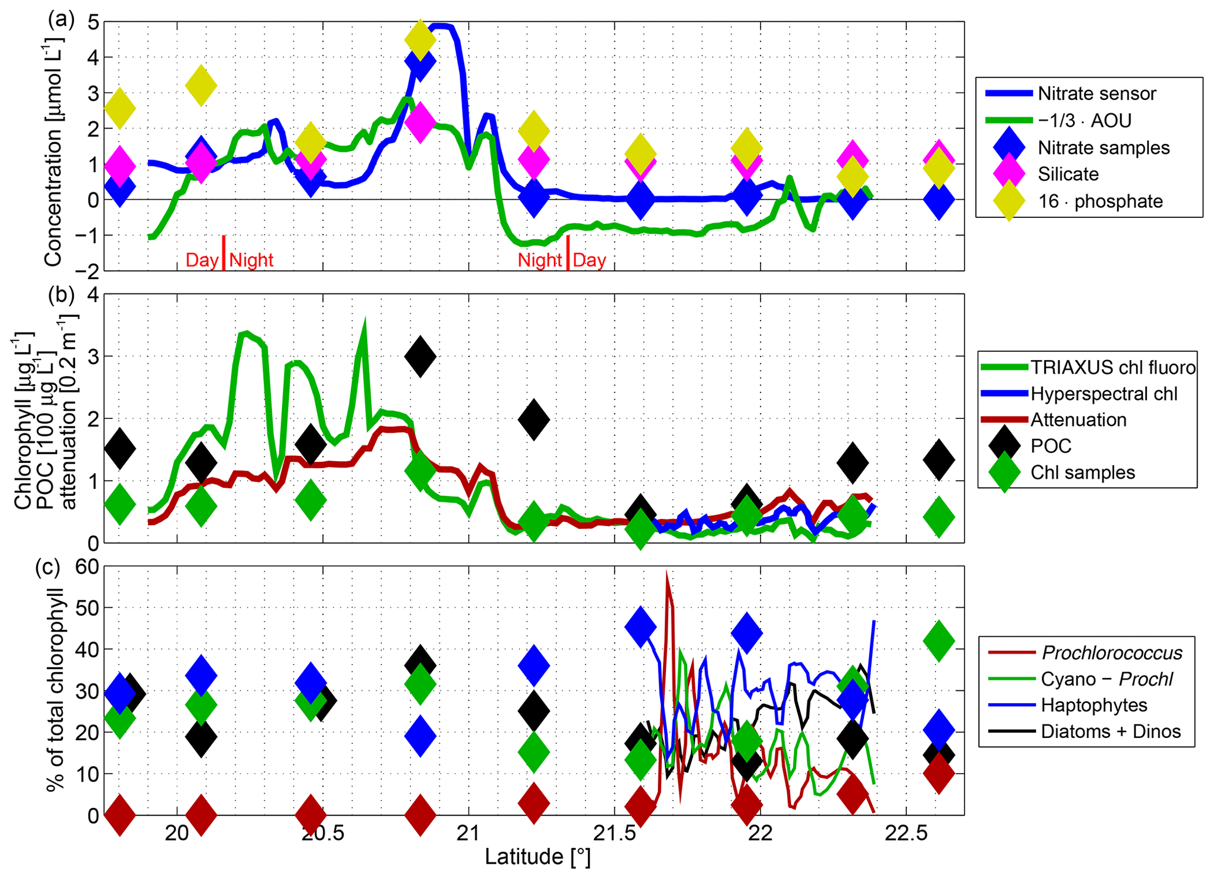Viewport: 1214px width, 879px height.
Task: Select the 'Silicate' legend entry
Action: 1068,175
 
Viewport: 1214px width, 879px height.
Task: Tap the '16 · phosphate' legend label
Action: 1100,202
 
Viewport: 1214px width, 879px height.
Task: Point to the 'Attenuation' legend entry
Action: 1078,420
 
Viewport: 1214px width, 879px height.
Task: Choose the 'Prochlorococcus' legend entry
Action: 1111,653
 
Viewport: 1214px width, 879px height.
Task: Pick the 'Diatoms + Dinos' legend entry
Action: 1110,732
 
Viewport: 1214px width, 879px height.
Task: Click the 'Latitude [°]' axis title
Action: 537,857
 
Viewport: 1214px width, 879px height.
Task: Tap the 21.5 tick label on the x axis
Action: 614,834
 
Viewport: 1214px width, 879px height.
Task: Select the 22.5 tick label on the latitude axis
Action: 906,834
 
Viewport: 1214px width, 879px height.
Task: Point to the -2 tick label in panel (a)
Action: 90,271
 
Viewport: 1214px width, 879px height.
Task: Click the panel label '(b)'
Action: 61,294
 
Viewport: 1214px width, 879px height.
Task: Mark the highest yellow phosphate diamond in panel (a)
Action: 420,39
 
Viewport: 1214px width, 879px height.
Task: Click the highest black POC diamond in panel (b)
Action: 420,357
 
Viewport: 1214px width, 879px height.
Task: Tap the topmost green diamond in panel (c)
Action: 939,640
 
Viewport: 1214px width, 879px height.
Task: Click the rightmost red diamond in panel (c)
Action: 939,773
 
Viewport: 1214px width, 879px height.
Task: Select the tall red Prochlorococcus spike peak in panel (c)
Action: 667,573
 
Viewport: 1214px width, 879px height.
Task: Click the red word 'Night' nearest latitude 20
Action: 251,260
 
